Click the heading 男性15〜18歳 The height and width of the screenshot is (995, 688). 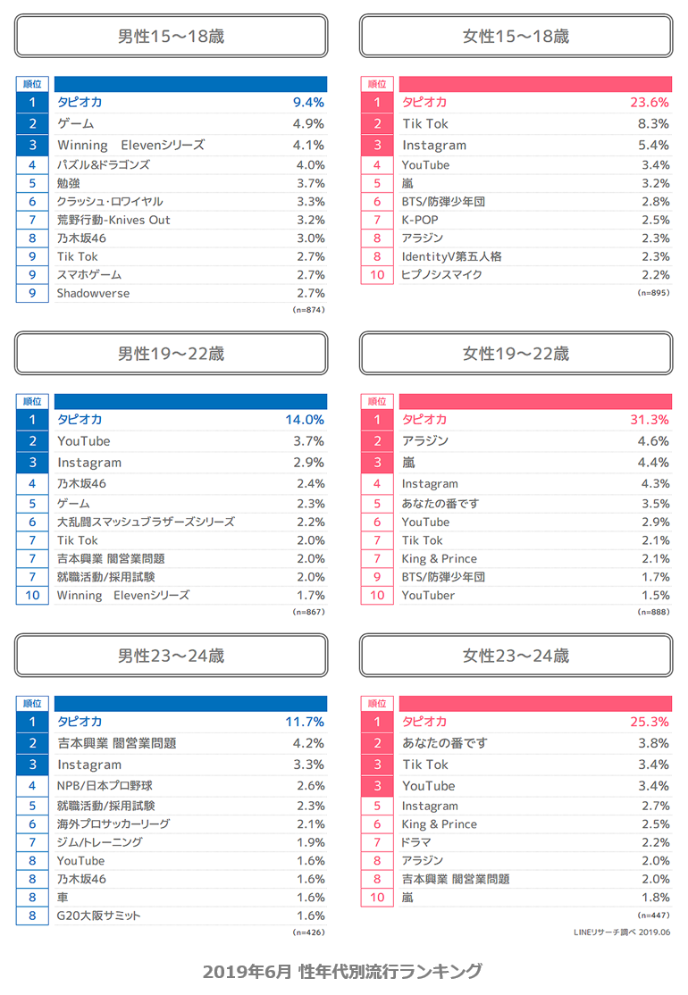171,37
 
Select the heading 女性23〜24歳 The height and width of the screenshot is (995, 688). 516,656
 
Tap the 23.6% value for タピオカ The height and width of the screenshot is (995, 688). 649,102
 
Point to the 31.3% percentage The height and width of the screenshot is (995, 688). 649,419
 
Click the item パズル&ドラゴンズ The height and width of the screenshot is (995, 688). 104,164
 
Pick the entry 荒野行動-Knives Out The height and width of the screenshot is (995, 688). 113,220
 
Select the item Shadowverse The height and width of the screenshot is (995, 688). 93,293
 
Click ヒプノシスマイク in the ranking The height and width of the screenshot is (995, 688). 441,274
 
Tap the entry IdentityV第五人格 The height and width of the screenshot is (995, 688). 451,256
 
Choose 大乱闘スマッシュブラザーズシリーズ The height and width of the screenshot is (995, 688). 146,522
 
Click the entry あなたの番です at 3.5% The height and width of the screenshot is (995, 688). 440,504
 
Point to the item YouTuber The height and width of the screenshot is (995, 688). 428,595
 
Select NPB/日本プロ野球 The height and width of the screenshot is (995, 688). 105,786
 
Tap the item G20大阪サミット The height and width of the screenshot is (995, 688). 99,916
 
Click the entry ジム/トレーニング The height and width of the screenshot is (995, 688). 99,842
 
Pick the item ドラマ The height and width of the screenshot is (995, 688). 416,842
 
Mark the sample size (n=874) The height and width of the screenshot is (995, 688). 308,310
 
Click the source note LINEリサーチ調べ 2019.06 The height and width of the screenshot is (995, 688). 621,932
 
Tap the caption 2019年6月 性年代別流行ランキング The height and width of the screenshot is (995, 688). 342,971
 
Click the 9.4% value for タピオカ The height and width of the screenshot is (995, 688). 308,102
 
